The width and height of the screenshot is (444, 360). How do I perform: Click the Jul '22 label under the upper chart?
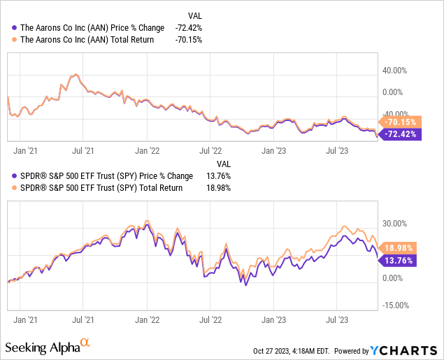click(x=210, y=149)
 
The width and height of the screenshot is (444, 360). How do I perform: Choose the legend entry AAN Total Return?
click(x=86, y=40)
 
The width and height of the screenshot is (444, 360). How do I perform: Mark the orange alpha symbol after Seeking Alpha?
click(x=85, y=343)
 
